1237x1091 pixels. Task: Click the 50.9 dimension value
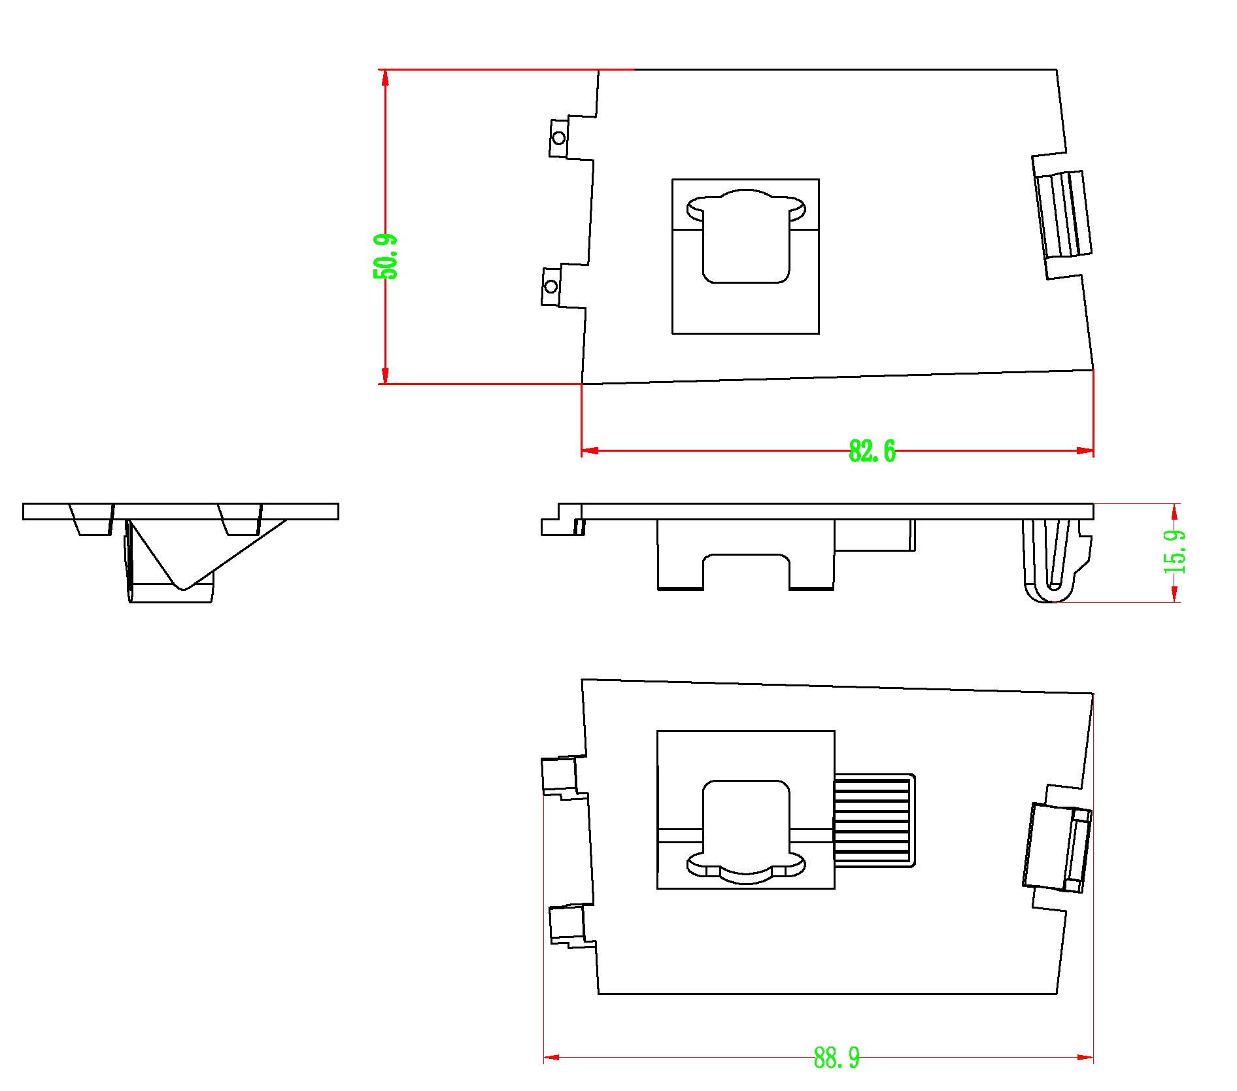[385, 256]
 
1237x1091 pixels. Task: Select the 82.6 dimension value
[872, 451]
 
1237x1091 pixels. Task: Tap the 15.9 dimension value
[1175, 552]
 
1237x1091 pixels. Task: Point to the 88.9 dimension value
[837, 1057]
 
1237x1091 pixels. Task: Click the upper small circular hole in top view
[558, 138]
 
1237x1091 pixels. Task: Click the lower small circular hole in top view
[551, 286]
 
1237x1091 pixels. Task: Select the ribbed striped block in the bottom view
[875, 820]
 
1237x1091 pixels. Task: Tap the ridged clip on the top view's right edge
[1063, 215]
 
